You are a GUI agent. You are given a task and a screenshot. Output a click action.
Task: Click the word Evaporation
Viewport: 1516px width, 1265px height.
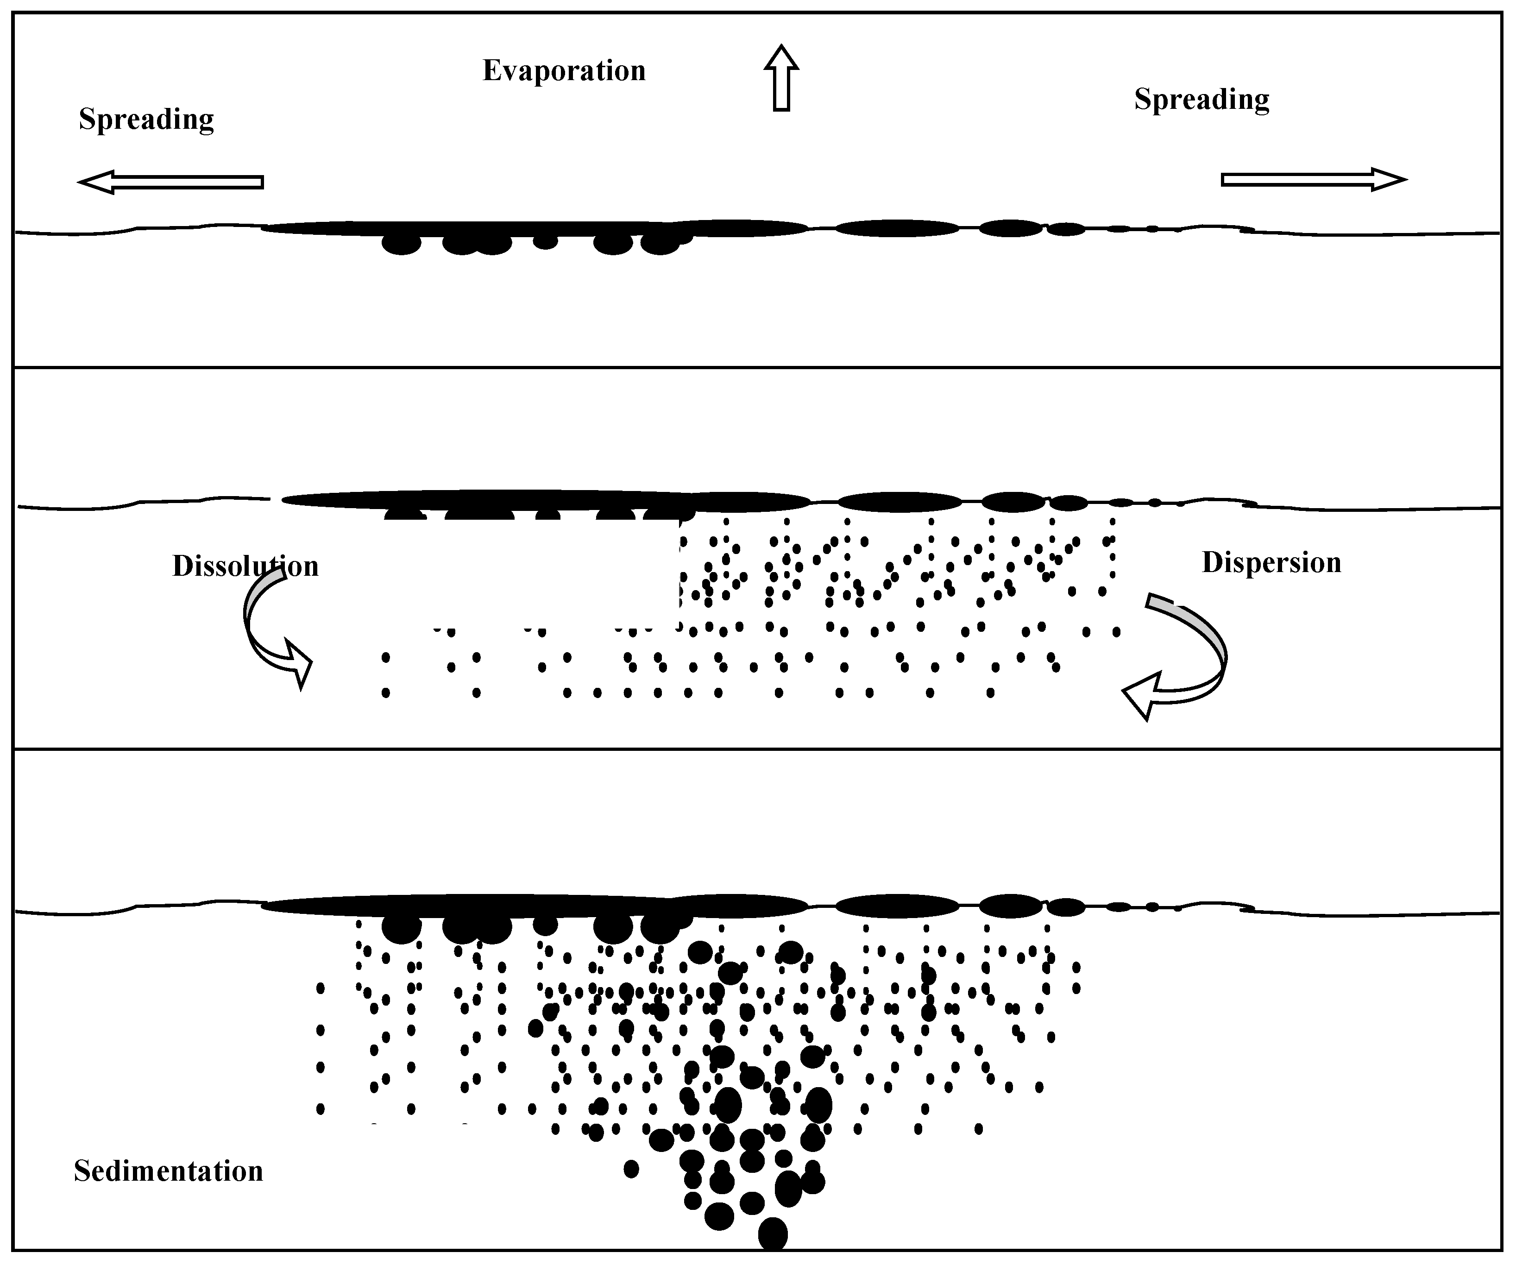[564, 71]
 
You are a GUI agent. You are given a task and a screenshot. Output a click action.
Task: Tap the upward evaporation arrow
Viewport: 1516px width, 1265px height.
[781, 78]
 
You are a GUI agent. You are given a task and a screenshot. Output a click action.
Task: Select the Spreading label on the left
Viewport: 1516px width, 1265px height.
[146, 119]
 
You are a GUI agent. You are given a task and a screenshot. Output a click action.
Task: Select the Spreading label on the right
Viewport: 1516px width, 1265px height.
[1201, 100]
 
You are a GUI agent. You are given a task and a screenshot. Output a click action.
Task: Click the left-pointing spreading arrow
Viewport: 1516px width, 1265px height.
[170, 182]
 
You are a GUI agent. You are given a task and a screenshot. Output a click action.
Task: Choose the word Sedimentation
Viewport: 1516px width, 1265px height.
[168, 1171]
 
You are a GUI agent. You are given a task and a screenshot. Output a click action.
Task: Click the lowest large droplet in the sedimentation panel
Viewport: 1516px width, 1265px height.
[773, 1233]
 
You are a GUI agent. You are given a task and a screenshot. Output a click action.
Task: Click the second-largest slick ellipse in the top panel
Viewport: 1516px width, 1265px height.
[897, 228]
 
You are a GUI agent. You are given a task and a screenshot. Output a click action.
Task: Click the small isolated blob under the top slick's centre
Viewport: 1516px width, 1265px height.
[545, 241]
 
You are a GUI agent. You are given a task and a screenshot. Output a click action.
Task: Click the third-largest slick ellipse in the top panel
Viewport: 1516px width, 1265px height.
[1011, 228]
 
